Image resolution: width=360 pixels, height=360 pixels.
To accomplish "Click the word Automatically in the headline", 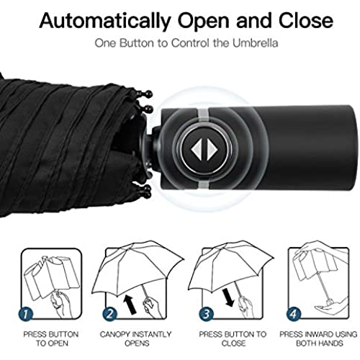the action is tap(105, 21).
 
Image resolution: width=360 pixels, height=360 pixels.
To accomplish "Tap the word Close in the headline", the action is tap(306, 20).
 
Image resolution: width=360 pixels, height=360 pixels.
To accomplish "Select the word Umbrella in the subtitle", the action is tap(255, 43).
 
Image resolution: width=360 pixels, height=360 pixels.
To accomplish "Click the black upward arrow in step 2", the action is tap(130, 305).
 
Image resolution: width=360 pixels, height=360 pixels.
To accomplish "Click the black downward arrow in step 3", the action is tap(228, 297).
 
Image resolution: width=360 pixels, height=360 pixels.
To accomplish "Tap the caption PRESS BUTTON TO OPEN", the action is tap(51, 338).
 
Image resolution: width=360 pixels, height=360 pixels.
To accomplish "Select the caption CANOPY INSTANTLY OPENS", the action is tap(136, 338).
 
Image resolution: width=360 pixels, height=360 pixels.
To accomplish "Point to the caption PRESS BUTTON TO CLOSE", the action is tap(233, 338).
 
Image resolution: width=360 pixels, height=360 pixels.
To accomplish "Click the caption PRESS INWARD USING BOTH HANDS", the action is tap(318, 338).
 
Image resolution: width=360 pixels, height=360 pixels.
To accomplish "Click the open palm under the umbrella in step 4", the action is tap(329, 307).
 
